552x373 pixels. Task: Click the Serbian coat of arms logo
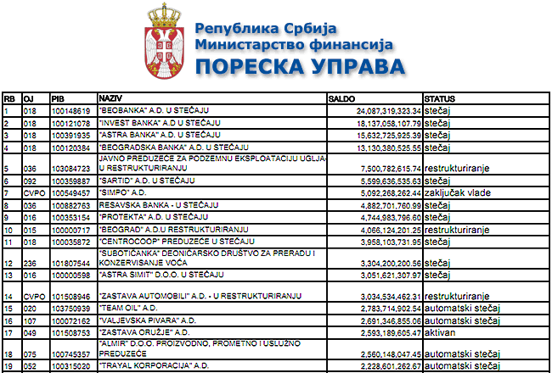[159, 40]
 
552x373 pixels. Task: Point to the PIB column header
[58, 98]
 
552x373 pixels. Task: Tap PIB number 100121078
[70, 123]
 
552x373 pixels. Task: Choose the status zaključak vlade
[459, 192]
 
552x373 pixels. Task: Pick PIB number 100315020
[70, 365]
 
